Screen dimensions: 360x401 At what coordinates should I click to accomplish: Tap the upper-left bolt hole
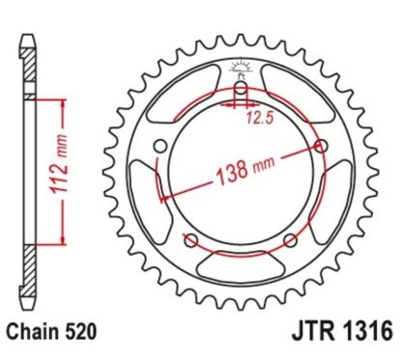coord(158,147)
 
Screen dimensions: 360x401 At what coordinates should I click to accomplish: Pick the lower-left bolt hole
coord(188,240)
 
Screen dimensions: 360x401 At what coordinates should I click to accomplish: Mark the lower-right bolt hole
coord(291,240)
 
